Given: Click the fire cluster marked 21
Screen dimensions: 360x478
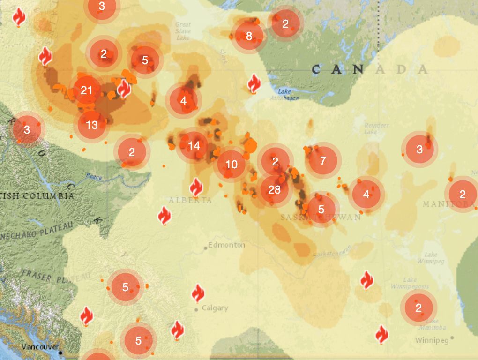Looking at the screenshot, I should tap(87, 90).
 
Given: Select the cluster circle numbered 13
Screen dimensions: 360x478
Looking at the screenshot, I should tap(92, 125).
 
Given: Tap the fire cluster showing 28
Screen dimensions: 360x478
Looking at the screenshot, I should tap(274, 190).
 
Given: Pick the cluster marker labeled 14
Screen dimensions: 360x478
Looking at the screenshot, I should tap(194, 145).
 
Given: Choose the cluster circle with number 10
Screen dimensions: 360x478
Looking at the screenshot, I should tap(232, 165).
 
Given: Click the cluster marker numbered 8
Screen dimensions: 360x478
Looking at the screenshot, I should tap(249, 36).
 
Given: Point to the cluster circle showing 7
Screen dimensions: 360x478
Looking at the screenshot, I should tap(323, 161).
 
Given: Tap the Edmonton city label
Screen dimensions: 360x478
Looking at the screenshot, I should tap(227, 245).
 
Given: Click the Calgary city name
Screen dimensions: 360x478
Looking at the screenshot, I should tap(215, 308).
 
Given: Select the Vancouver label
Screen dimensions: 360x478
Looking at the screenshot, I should tap(40, 347).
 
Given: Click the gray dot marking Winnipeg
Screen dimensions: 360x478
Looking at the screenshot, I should tap(452, 337).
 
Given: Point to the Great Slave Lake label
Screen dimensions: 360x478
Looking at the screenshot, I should tap(183, 31).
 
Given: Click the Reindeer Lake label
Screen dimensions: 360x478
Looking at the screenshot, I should tap(377, 128).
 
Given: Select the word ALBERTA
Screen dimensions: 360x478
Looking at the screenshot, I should tap(190, 200).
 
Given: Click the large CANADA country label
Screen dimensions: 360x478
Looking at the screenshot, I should tap(370, 70).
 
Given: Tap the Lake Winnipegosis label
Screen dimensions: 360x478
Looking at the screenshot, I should tap(403, 283).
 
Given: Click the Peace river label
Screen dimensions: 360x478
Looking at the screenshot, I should tap(94, 177).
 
